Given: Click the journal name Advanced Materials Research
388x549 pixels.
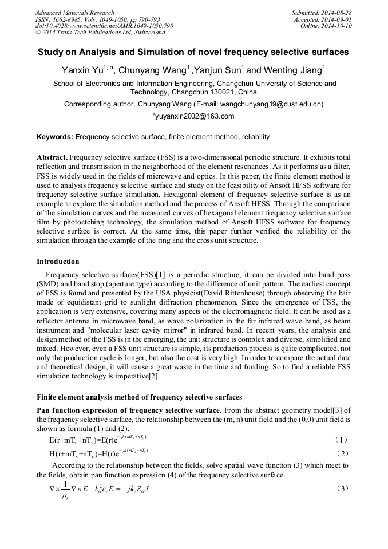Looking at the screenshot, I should pyautogui.click(x=74, y=13).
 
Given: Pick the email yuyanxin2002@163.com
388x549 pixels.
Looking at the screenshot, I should pyautogui.click(x=195, y=116).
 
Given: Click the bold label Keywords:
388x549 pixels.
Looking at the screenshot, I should pyautogui.click(x=55, y=137).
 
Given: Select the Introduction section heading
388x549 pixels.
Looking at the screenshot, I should pyautogui.click(x=58, y=262).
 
